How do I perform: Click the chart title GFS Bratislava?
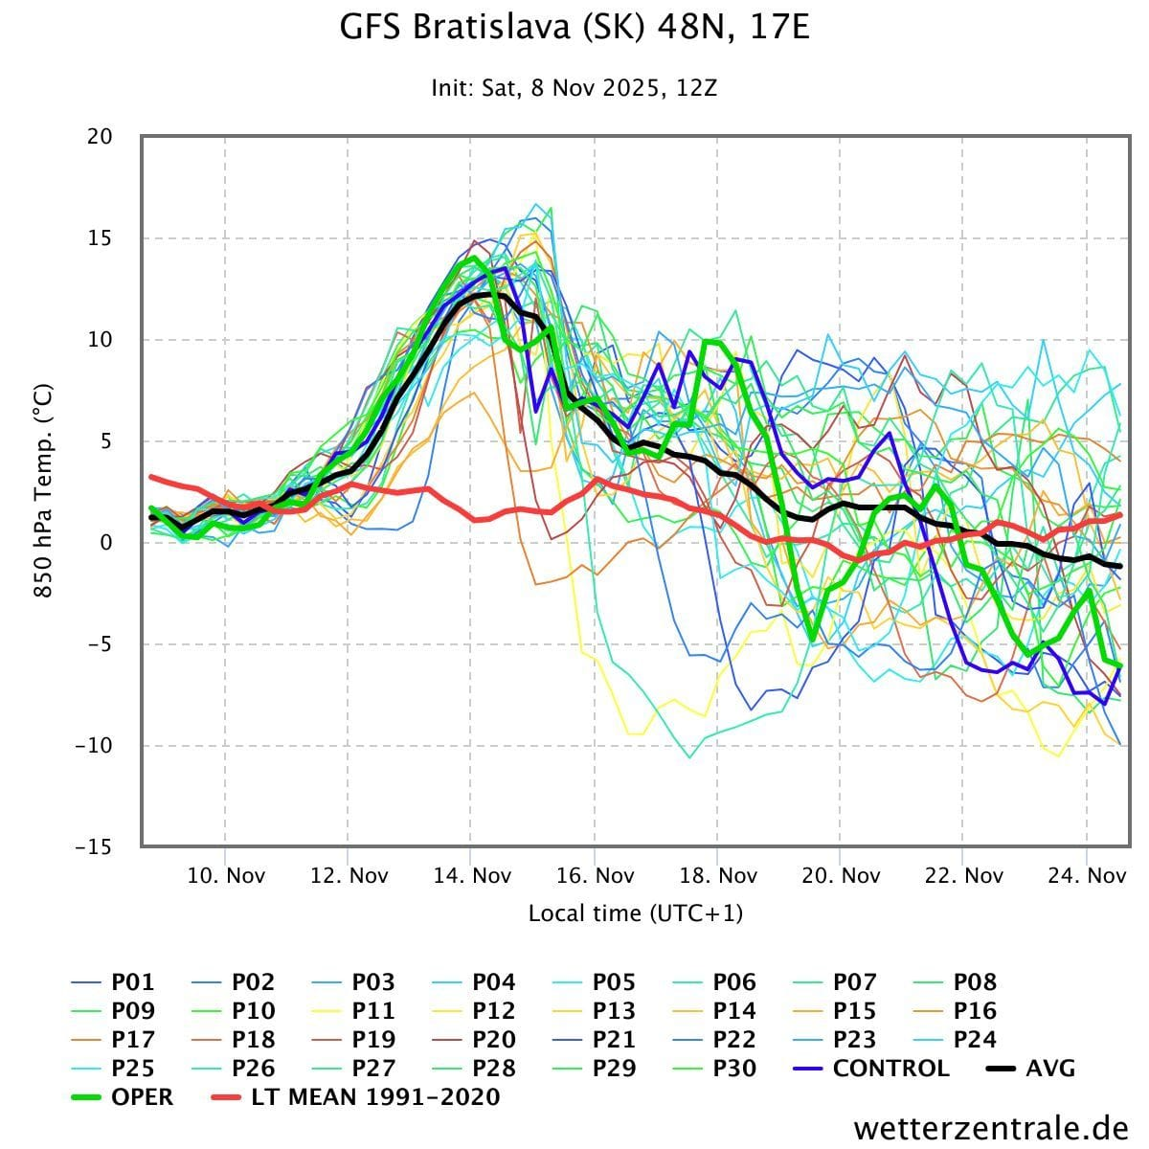click(574, 27)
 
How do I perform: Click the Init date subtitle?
click(574, 89)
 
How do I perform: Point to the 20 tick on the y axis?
click(100, 137)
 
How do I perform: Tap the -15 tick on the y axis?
click(94, 847)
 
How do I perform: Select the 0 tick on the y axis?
click(105, 543)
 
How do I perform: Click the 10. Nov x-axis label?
click(226, 875)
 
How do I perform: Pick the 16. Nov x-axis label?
click(595, 875)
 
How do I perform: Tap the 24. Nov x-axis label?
click(1087, 875)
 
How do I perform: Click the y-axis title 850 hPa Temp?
click(42, 491)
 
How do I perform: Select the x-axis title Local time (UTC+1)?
click(636, 913)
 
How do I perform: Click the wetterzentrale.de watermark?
click(991, 1128)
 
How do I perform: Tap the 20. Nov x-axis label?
click(841, 875)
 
